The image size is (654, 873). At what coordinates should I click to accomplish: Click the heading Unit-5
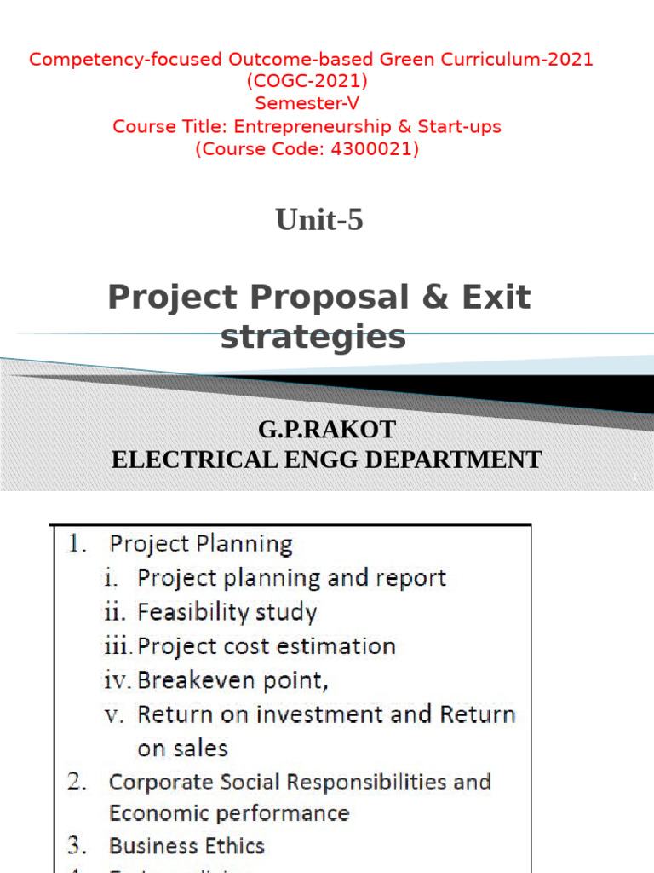[x=318, y=221]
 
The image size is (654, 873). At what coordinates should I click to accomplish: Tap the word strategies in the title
[x=313, y=338]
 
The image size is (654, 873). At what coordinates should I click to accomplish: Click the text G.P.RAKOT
[x=327, y=429]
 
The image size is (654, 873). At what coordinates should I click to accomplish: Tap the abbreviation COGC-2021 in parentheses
[x=307, y=82]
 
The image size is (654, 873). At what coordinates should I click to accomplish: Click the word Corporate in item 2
[x=155, y=782]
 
